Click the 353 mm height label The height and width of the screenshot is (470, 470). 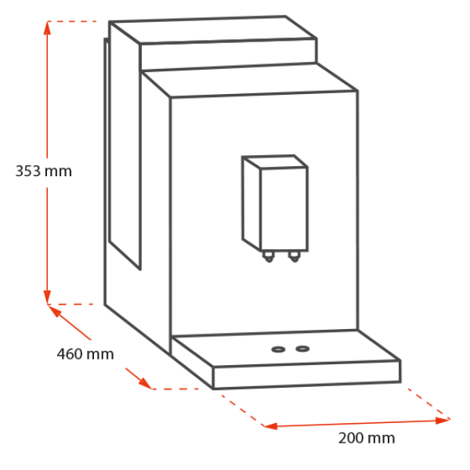(44, 171)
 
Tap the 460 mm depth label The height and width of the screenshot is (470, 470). (85, 354)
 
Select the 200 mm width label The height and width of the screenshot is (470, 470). (366, 438)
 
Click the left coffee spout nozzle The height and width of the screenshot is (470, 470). (269, 257)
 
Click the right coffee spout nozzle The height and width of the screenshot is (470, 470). (295, 256)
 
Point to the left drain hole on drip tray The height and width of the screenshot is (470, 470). (278, 349)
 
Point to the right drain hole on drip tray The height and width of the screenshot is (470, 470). (302, 348)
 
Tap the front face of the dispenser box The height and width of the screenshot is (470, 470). (284, 208)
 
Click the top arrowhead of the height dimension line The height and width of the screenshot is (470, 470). (48, 27)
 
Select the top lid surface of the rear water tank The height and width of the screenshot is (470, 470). (211, 31)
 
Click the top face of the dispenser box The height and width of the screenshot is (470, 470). (274, 162)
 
